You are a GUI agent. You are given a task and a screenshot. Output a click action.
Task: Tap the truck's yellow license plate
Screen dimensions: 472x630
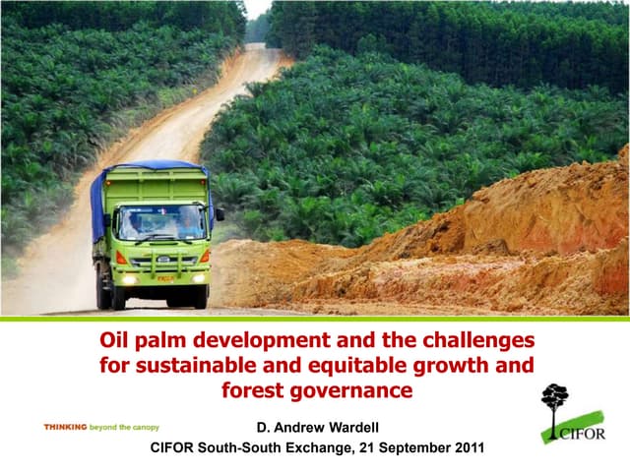(x=164, y=277)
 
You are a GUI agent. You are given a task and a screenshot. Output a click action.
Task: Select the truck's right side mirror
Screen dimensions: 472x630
(x=220, y=213)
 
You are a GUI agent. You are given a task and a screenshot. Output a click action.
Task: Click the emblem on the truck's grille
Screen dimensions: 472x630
(x=161, y=259)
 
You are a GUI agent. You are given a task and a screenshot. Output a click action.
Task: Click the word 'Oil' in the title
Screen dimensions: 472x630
(x=117, y=340)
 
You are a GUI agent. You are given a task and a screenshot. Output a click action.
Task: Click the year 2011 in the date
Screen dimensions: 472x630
(x=467, y=448)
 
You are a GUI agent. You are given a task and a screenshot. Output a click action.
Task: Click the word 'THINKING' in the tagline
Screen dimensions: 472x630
(x=65, y=428)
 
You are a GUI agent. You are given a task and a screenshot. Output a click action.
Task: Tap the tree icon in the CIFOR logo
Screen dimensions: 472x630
(x=554, y=401)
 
